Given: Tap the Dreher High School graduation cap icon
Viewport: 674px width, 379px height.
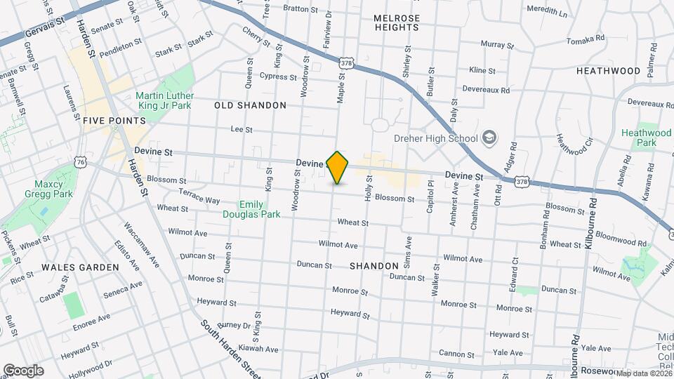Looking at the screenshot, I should [x=489, y=138].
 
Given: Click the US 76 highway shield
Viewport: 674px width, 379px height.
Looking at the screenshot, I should [x=81, y=162].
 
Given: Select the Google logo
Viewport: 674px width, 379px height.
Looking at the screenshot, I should [x=23, y=371].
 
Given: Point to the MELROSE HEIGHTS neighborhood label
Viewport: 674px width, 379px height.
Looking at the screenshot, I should [x=396, y=22].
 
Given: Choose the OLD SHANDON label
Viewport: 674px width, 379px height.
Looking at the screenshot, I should [x=250, y=105].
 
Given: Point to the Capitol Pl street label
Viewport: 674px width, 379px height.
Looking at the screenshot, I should [x=431, y=193].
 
